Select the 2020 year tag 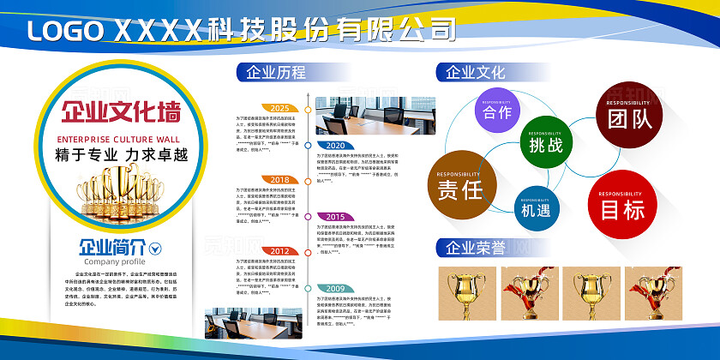(335, 145)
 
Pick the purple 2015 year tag (335, 217)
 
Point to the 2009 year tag (335, 288)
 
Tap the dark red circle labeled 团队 (630, 117)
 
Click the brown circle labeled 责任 (460, 185)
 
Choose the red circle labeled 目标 (623, 205)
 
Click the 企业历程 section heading (275, 72)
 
